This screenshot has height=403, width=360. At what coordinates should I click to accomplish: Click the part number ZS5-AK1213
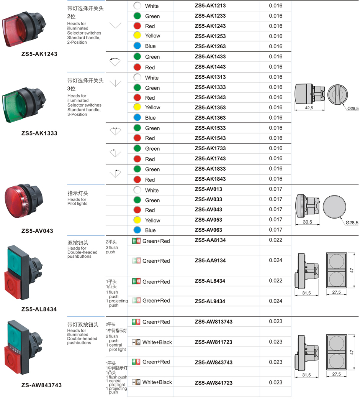point(210,6)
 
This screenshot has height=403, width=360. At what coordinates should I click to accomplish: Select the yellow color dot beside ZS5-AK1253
point(137,36)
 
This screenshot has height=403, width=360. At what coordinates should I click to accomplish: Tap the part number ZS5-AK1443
point(210,67)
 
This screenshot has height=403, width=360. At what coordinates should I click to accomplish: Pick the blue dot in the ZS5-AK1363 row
point(137,118)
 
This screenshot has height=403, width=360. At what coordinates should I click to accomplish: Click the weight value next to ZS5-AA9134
point(275,260)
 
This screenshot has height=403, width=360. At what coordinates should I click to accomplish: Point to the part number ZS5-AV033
point(208,199)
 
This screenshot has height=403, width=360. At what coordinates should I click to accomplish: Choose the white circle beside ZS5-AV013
point(137,190)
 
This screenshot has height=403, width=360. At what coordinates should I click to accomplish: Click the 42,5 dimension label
point(309,108)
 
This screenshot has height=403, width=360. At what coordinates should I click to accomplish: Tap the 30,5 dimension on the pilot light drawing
point(308,222)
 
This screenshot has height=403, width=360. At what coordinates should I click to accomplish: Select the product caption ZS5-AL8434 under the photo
point(39,309)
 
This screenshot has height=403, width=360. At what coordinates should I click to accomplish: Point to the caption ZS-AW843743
point(41,385)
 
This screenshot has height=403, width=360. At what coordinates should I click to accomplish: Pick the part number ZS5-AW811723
point(213,342)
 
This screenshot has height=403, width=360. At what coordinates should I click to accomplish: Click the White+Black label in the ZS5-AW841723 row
point(157,382)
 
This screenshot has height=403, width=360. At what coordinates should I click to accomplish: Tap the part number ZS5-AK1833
point(210,169)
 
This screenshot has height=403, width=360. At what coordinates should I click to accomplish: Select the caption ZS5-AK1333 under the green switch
point(39,133)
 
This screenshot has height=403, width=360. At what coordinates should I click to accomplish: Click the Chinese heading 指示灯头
point(78,193)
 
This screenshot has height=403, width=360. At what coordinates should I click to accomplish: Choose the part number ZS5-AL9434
point(210,301)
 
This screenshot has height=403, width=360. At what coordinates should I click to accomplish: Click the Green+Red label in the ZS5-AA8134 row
point(156,241)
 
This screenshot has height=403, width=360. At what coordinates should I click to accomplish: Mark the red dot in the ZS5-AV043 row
point(137,210)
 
